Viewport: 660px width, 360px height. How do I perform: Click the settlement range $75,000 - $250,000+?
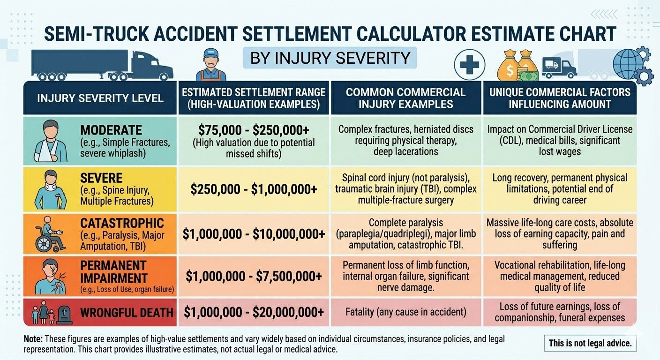[x=254, y=129]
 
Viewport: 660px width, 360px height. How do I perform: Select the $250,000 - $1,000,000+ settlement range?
[x=254, y=189]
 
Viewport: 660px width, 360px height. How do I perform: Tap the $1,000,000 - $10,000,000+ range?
[x=254, y=233]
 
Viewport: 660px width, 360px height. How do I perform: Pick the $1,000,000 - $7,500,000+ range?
[x=254, y=277]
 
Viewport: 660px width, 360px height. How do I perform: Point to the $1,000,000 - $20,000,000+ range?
[x=254, y=312]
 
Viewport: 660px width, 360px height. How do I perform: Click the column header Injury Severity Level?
[x=100, y=98]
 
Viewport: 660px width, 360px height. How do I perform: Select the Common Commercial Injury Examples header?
[x=405, y=97]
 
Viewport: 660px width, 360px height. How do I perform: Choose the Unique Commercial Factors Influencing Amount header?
[x=560, y=97]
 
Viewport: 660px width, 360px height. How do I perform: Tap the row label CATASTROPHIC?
[x=122, y=223]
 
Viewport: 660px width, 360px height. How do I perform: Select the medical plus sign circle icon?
[x=470, y=65]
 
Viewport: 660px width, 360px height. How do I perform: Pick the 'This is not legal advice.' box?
[x=590, y=343]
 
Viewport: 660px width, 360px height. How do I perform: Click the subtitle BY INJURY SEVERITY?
[x=330, y=58]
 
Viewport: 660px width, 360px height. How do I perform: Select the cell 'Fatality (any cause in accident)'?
[x=405, y=312]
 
